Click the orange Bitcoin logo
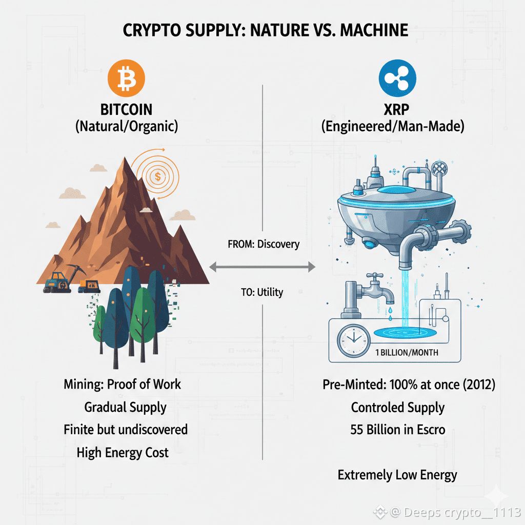coord(126,78)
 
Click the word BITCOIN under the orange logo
coord(127,109)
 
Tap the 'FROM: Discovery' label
coord(263,244)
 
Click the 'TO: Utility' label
coord(261,292)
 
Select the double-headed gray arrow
coord(262,267)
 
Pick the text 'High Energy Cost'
coord(123,453)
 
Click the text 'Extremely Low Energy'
coord(397,475)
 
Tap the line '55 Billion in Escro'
coord(397,430)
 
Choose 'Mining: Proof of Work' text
coord(123,383)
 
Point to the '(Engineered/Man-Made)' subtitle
coord(393,126)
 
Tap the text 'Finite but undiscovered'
coord(126,430)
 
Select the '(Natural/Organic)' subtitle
coord(127,126)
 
